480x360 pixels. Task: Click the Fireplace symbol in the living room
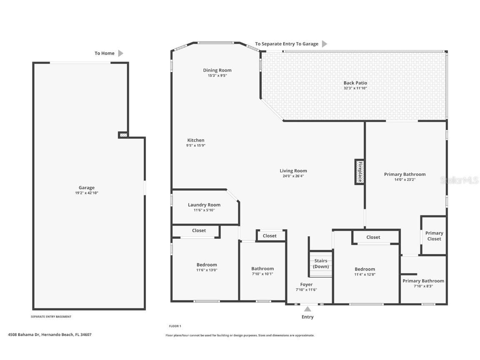(360, 171)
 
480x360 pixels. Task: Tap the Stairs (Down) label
(321, 264)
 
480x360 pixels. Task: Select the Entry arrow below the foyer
(307, 309)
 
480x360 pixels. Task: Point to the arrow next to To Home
(121, 53)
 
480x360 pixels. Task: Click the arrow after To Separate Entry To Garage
(325, 44)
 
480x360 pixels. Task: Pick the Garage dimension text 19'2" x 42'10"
(87, 193)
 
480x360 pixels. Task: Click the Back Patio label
(355, 83)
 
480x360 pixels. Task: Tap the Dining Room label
(217, 70)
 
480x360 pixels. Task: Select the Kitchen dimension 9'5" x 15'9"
(196, 145)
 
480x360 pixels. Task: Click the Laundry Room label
(204, 205)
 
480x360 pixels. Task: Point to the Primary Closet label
(434, 236)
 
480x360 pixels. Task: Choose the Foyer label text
(306, 285)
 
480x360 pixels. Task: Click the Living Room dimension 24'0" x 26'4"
(293, 176)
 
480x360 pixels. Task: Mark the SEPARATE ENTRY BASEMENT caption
(51, 317)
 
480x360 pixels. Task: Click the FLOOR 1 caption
(175, 326)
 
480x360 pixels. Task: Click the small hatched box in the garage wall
(123, 135)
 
